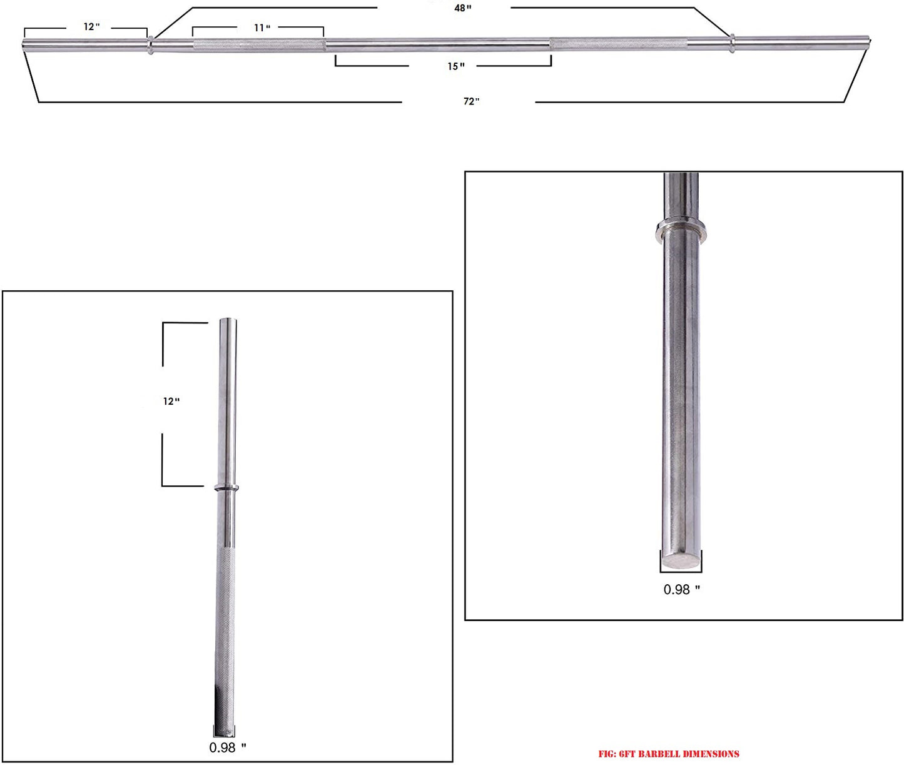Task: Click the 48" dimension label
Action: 463,8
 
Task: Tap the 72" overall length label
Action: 472,101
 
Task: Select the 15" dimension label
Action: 455,66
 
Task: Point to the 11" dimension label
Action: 262,28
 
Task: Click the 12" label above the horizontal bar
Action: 92,27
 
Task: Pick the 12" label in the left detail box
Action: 171,401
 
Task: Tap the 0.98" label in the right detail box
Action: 681,590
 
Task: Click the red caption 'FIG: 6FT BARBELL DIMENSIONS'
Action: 669,754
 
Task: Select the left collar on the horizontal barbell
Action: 150,45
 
